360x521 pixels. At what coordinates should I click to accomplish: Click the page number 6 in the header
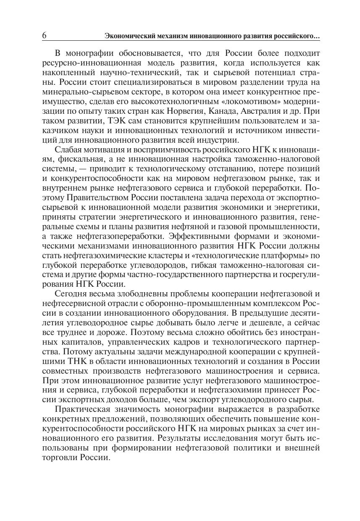45,36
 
